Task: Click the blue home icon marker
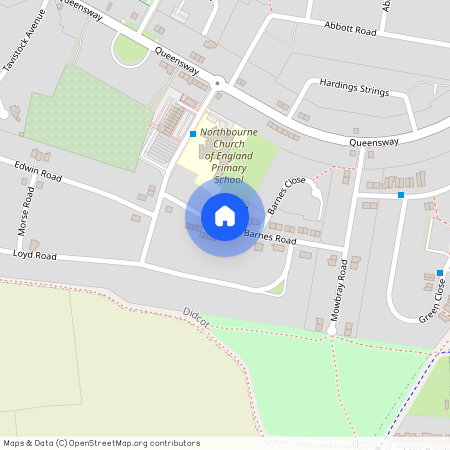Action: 225,215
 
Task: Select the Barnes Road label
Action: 271,238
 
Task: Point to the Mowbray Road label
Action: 342,283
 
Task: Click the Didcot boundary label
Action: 196,319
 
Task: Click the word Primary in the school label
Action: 229,168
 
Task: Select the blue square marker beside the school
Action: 192,133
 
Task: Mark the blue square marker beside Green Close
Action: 439,272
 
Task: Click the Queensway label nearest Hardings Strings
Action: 374,142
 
